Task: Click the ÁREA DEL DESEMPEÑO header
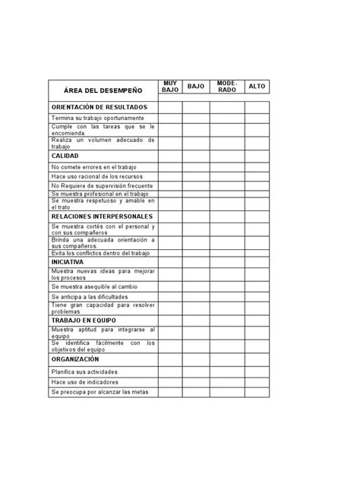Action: [103, 90]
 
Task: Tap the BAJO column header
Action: [195, 87]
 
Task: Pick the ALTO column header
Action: [257, 87]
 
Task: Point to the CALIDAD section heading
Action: [65, 155]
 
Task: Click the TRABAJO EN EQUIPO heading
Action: [84, 320]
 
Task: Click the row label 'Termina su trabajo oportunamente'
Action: [97, 118]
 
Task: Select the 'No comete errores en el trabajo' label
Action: [95, 166]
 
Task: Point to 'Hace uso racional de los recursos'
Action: [97, 176]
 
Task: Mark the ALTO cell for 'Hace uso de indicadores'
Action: [257, 382]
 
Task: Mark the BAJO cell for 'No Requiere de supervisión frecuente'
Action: [195, 185]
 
